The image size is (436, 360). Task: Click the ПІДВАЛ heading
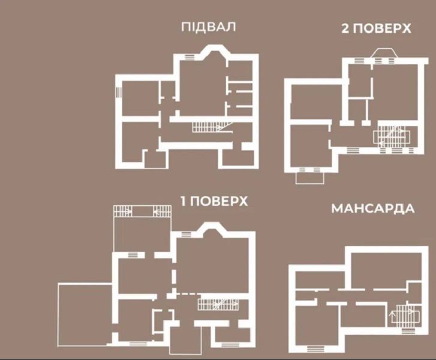[x=208, y=27]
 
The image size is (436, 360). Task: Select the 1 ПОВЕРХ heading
[x=214, y=201]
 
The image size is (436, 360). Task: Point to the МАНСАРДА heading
[x=372, y=209]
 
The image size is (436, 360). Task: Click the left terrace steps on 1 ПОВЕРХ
[x=123, y=211]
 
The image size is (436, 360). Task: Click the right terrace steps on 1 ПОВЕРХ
[x=163, y=211]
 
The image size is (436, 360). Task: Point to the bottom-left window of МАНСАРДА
[x=312, y=348]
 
